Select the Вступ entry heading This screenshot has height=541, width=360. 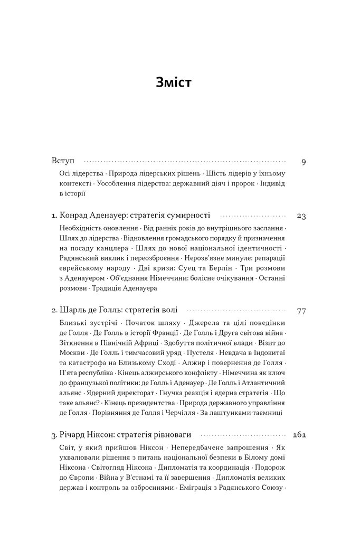click(64, 161)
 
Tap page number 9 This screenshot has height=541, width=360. click(304, 162)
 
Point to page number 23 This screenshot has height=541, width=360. click(301, 216)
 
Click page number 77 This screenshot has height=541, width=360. click(301, 311)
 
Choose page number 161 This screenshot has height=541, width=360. click(299, 436)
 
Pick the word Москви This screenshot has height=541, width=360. click(68, 352)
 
